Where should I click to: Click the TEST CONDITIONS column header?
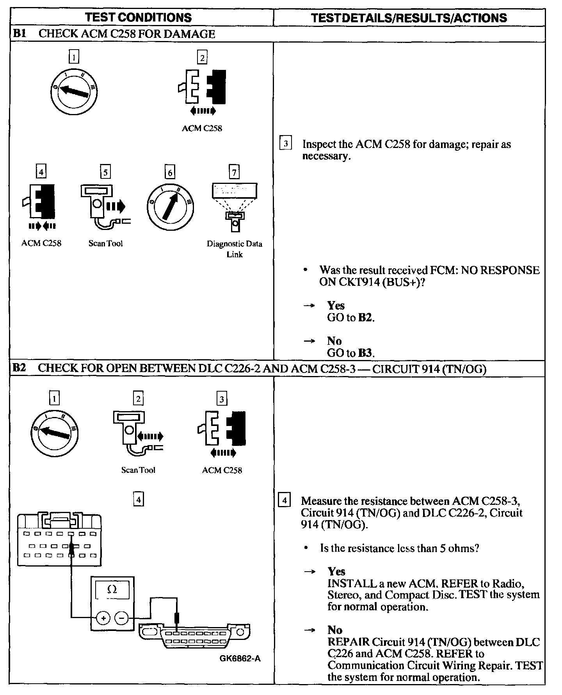(x=138, y=18)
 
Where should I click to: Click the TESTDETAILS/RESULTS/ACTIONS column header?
(x=409, y=18)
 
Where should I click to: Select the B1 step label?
(x=19, y=34)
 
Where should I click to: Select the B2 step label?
(x=19, y=368)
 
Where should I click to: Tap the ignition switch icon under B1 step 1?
(x=74, y=91)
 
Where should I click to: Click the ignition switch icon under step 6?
(x=170, y=207)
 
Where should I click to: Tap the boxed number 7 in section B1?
(x=234, y=172)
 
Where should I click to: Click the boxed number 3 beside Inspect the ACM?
(x=286, y=144)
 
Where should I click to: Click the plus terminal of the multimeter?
(x=103, y=618)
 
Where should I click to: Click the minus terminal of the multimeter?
(x=122, y=618)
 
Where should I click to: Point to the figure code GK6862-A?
(x=240, y=659)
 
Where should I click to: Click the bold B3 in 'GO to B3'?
(x=365, y=353)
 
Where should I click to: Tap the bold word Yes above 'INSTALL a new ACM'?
(x=336, y=572)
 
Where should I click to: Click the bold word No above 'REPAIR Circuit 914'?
(x=335, y=630)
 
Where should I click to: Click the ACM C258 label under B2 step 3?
(x=222, y=470)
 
